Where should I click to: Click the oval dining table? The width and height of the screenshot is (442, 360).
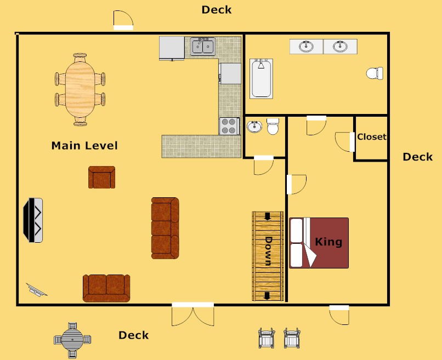(x=80, y=89)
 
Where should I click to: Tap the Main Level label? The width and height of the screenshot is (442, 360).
(x=84, y=146)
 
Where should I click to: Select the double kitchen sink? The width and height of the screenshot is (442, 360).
(x=203, y=47)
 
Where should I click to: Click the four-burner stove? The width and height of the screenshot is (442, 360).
(x=230, y=126)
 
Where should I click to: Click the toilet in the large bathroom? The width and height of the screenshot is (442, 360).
(x=375, y=73)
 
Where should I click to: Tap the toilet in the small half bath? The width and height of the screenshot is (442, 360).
(x=273, y=127)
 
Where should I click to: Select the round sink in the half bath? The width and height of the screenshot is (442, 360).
(x=254, y=127)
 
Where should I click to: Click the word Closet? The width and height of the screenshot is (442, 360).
(x=372, y=137)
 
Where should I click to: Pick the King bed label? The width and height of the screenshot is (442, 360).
(x=328, y=242)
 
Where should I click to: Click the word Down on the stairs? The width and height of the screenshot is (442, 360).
(x=269, y=250)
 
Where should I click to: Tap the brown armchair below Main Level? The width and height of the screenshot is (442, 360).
(x=102, y=178)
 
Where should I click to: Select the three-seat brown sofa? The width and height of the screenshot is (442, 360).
(x=165, y=228)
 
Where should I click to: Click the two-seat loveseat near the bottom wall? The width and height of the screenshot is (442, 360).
(x=106, y=288)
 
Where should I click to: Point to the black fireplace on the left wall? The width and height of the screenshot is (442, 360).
(x=33, y=220)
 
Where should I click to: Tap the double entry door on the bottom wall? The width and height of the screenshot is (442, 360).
(x=192, y=313)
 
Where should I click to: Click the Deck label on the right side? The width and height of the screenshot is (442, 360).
(x=417, y=157)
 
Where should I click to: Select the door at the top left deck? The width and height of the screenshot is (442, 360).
(x=123, y=20)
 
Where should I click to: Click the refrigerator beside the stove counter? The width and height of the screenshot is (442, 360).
(x=230, y=73)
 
